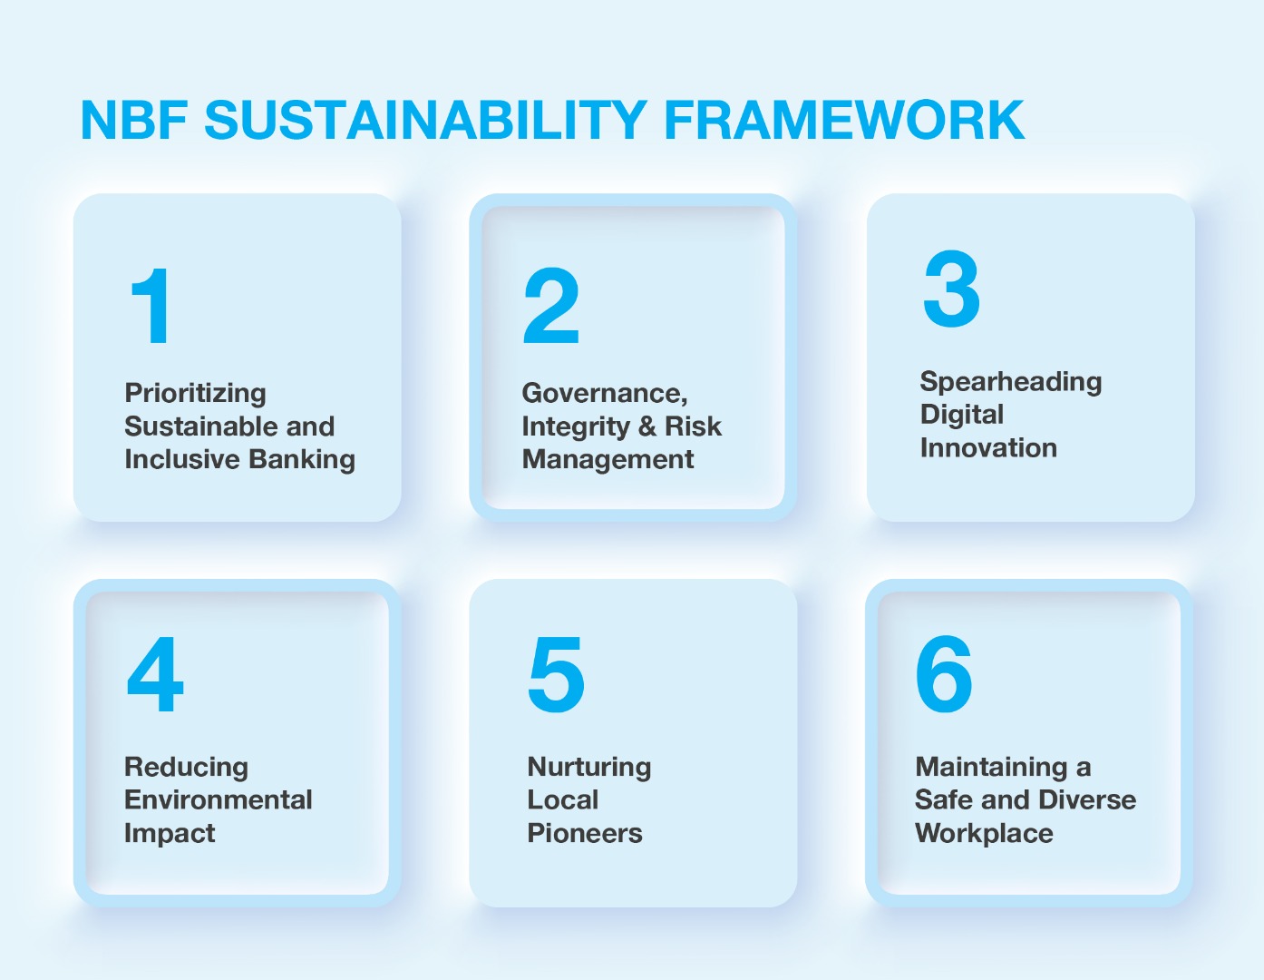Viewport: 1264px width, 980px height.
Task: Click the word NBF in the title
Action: click(134, 120)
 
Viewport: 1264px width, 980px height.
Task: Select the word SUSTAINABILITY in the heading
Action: click(425, 120)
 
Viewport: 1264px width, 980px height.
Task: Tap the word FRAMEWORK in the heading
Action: click(844, 120)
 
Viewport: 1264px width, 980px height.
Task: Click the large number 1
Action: click(151, 306)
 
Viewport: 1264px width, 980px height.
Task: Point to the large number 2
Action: click(551, 306)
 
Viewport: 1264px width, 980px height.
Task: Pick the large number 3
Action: click(951, 289)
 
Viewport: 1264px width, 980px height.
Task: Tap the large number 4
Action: click(155, 674)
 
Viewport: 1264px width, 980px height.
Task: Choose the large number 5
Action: click(556, 675)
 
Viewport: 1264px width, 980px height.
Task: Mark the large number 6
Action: click(944, 674)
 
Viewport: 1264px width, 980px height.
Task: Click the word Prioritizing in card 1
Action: click(196, 394)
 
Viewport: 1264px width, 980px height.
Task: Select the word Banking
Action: click(301, 460)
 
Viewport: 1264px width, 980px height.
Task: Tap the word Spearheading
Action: click(1010, 383)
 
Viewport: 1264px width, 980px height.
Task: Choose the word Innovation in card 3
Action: click(988, 448)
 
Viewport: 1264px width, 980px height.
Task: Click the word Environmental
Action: click(219, 799)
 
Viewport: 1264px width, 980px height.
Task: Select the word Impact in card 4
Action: click(170, 833)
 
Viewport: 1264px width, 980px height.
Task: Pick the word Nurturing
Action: click(588, 768)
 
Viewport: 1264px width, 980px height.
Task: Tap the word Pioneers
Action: click(585, 833)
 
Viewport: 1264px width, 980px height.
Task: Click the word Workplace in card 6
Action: click(984, 833)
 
